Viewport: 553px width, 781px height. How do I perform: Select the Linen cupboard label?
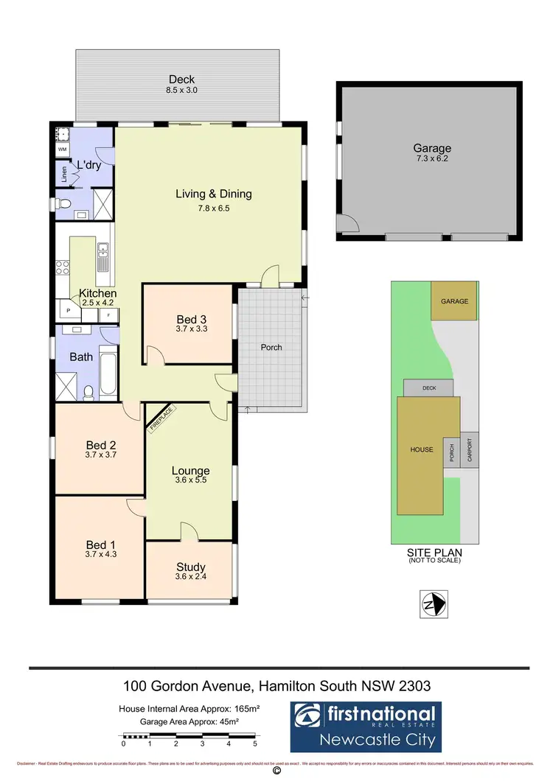[64, 175]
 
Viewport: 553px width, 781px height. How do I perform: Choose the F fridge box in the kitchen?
[109, 315]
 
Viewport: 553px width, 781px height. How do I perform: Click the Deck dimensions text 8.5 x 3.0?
[182, 90]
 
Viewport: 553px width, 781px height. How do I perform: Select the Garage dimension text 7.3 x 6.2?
[431, 159]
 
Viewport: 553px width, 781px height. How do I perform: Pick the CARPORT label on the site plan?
[469, 449]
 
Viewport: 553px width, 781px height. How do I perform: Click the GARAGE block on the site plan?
[454, 301]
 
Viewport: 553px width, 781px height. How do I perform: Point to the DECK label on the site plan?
[428, 387]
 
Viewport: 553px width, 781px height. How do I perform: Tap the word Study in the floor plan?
[191, 567]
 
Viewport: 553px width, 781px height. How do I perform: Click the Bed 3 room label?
[191, 319]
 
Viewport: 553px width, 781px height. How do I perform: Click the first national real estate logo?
[364, 725]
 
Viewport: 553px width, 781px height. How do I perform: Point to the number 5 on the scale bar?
[254, 744]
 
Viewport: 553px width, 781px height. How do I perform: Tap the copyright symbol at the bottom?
[276, 771]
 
